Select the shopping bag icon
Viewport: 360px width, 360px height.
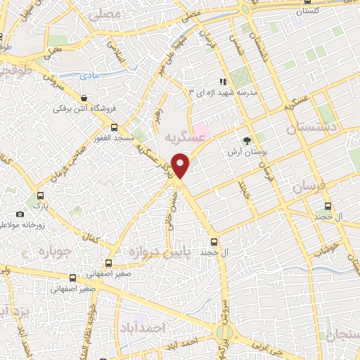[84, 98]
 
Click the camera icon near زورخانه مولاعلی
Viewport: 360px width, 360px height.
[19, 214]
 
